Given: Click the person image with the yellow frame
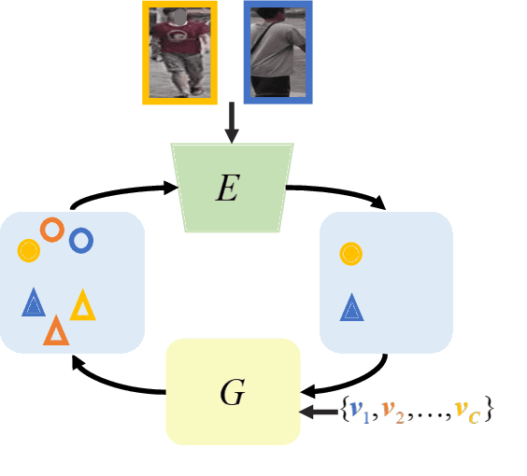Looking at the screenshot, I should click(178, 51).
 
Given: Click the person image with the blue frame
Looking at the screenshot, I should click(278, 51).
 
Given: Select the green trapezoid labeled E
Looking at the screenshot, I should click(227, 187).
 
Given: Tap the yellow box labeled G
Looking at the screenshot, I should click(233, 391).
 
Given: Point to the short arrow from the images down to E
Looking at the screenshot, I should click(232, 123).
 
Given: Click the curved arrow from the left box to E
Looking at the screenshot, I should click(121, 193).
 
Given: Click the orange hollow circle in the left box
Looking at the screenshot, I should click(51, 230).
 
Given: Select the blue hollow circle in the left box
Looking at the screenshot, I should click(81, 241).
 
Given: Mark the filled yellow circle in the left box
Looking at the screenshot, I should click(29, 250).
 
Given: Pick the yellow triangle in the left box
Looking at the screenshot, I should click(82, 306).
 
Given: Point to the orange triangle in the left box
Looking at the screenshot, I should click(56, 330).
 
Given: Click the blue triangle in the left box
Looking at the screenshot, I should click(34, 302).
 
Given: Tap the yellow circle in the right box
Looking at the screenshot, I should click(350, 252).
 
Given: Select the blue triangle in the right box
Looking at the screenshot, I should click(351, 307).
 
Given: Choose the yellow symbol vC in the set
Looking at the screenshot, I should click(467, 411).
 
